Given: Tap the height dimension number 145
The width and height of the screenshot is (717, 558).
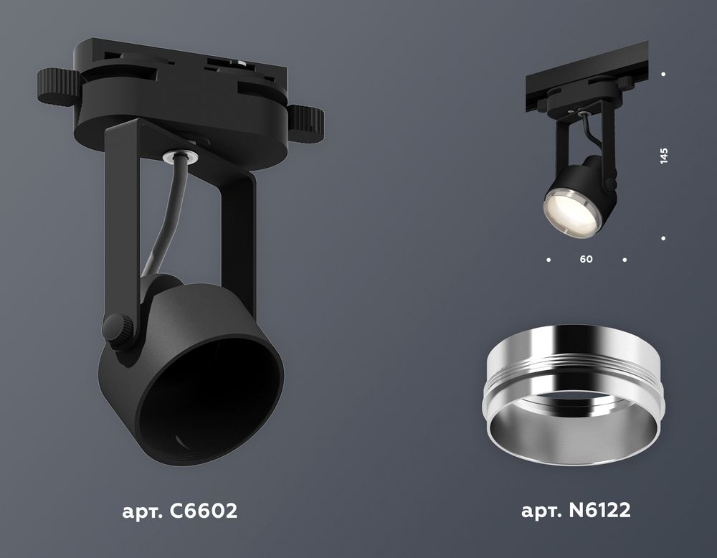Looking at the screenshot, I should click(664, 156).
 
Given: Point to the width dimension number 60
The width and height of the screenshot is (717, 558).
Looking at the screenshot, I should click(587, 260).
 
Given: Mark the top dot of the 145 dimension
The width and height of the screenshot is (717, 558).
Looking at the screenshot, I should click(663, 74).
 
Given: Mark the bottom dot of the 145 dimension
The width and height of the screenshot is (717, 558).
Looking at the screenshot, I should click(663, 238).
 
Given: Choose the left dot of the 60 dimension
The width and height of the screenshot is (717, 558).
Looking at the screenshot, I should click(549, 260).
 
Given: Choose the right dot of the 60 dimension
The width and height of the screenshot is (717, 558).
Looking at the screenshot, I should click(625, 260).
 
